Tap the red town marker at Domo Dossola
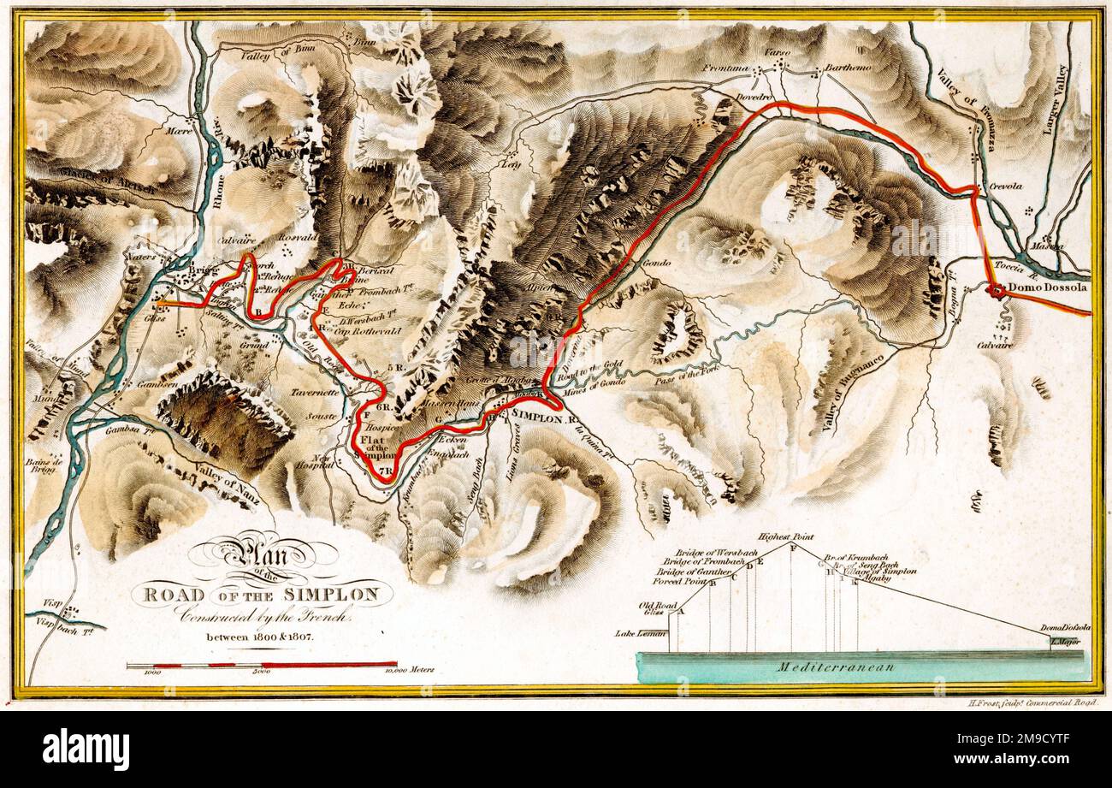pyautogui.click(x=996, y=291)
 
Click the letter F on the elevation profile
pyautogui.click(x=793, y=548)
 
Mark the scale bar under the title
pyautogui.click(x=261, y=664)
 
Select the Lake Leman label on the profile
pyautogui.click(x=640, y=634)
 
